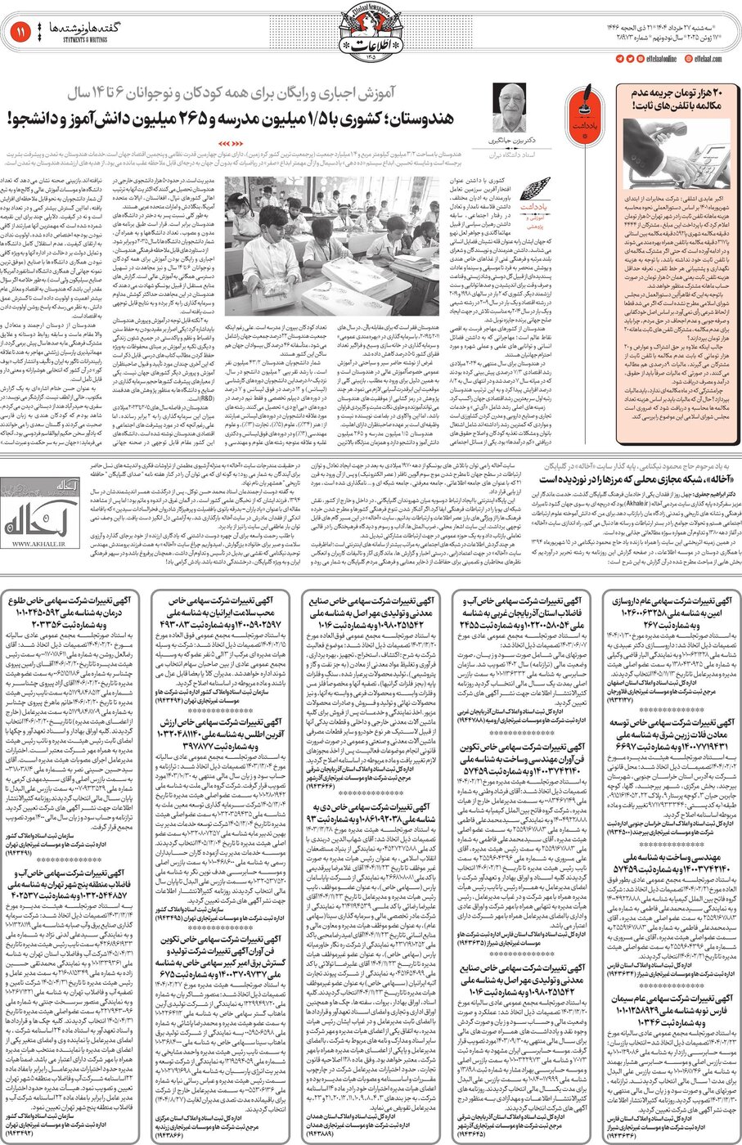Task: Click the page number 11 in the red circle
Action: coord(17,32)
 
